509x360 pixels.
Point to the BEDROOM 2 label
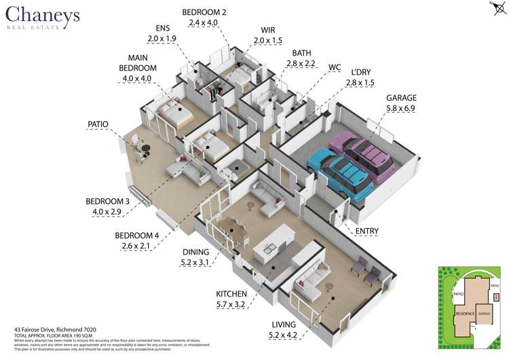pos(204,12)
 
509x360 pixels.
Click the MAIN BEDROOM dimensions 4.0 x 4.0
pos(138,79)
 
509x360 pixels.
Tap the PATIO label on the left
pos(98,124)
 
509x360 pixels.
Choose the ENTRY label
pos(367,232)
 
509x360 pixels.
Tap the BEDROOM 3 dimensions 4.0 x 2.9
pos(107,212)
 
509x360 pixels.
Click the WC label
pos(334,67)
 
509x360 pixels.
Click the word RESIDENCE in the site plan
pos(464,314)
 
